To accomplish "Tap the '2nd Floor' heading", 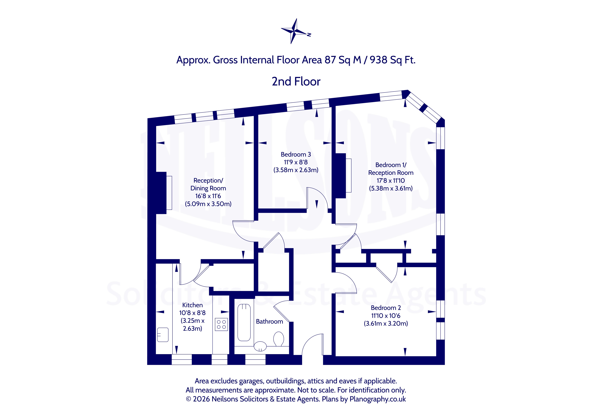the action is (296, 82).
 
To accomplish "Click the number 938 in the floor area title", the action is (378, 60).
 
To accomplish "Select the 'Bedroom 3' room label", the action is (296, 154).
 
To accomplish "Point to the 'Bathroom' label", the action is (269, 322).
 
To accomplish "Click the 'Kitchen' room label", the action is (192, 305).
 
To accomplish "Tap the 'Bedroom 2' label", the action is (386, 308).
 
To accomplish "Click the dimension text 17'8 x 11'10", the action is (391, 181).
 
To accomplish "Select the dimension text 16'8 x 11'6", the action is (208, 196).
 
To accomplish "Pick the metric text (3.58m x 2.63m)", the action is (296, 170).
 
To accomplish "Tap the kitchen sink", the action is (163, 335).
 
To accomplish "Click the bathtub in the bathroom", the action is (244, 323).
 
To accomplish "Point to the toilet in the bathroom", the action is (279, 339).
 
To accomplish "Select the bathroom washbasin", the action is (260, 346).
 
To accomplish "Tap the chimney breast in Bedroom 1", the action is (340, 176).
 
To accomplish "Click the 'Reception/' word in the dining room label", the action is (208, 180).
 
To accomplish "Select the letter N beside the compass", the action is (309, 35).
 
